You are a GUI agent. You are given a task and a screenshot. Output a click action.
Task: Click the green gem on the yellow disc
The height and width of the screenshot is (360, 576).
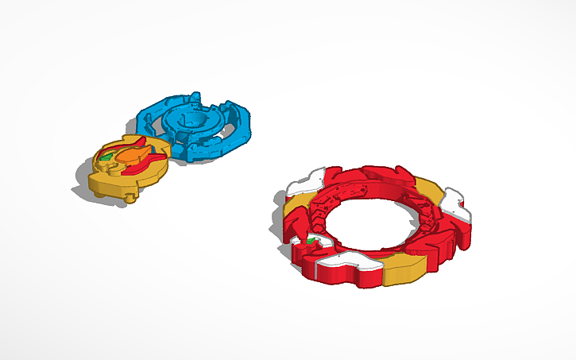pyautogui.click(x=105, y=157)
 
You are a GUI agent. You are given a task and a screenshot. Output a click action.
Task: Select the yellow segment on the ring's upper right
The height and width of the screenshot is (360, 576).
pyautogui.click(x=430, y=191)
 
